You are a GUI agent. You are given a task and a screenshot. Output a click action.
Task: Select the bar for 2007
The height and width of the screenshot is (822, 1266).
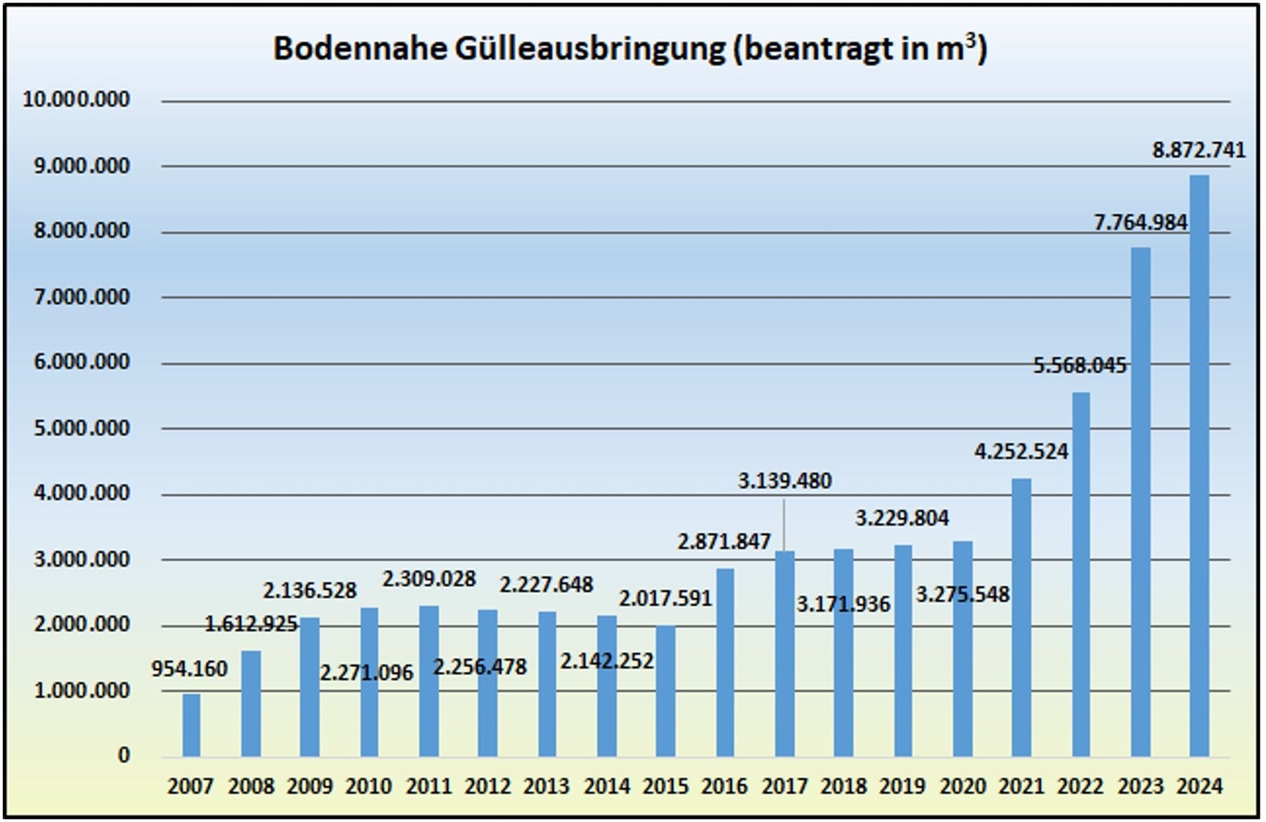click(x=191, y=725)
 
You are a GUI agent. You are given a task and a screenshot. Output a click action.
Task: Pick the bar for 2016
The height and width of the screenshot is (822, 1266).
click(x=725, y=662)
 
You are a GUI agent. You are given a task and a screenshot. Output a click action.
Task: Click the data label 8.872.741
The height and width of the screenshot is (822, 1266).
click(x=1198, y=150)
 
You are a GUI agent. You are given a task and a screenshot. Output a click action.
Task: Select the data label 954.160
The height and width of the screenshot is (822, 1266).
click(x=190, y=669)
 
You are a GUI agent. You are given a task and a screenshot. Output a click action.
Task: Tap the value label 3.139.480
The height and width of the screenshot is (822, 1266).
click(x=784, y=481)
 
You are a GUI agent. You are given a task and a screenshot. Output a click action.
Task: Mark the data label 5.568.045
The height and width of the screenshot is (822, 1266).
click(x=1080, y=365)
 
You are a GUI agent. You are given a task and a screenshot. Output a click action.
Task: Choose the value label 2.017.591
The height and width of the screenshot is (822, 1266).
click(x=665, y=598)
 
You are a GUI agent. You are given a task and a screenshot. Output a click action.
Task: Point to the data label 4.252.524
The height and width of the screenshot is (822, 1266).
click(x=1021, y=451)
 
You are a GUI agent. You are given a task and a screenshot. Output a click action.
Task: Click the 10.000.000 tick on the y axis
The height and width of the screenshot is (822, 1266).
click(x=77, y=99)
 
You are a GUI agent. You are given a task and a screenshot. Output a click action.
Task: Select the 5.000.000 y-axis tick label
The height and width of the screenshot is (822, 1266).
click(x=82, y=428)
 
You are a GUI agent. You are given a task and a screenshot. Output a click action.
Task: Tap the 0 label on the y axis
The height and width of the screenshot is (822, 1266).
click(x=124, y=755)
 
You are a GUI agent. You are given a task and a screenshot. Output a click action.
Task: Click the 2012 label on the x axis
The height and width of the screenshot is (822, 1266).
click(x=487, y=785)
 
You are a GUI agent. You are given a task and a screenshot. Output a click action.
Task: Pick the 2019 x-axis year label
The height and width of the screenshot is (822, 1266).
click(x=903, y=785)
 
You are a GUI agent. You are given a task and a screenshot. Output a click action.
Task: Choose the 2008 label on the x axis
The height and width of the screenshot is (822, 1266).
click(x=251, y=785)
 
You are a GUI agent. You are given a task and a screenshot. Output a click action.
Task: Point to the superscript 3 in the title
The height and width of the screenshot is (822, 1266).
click(x=971, y=40)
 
